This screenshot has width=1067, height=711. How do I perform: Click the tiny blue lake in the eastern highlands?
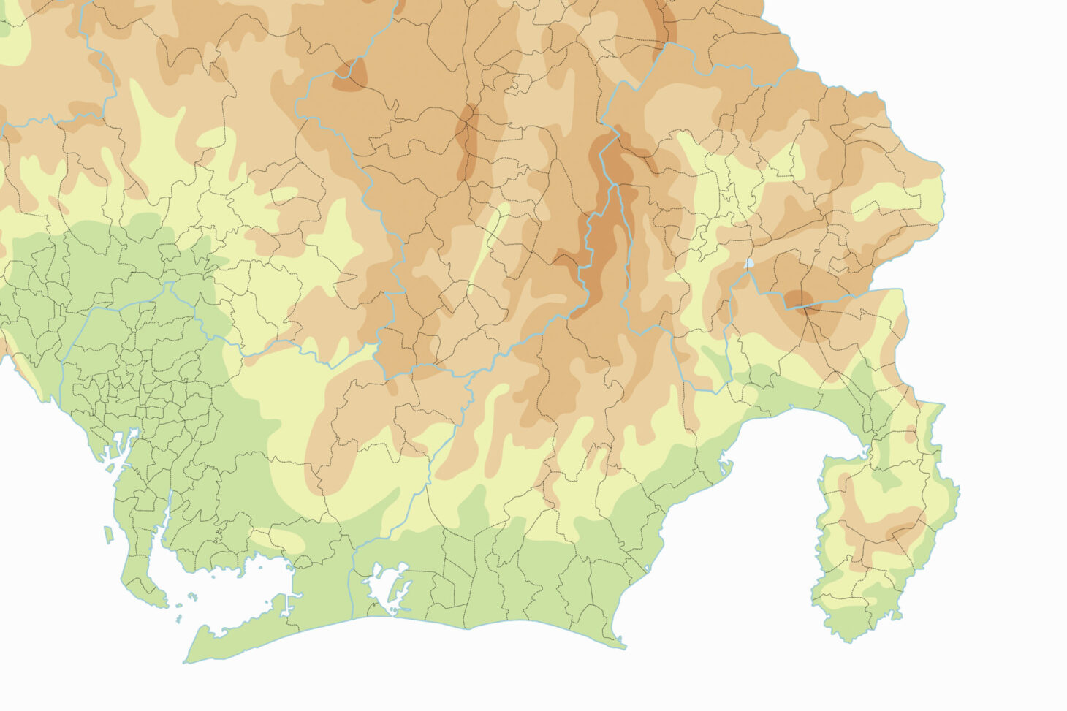(x=750, y=263)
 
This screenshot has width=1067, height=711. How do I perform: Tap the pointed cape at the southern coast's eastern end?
(x=623, y=646)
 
